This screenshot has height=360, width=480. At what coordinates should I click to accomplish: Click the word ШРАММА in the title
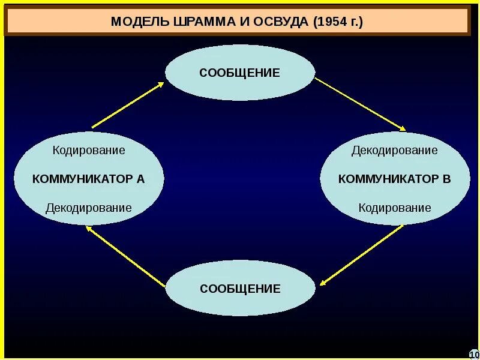198,22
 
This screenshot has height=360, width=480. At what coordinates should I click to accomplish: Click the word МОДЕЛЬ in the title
140,22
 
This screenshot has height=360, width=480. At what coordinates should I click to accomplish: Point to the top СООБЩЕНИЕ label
240,73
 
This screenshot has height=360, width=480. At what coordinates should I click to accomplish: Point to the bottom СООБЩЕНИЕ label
240,289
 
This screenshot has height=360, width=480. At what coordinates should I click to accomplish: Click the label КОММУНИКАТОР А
88,179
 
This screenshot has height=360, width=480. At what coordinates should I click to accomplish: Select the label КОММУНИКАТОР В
394,179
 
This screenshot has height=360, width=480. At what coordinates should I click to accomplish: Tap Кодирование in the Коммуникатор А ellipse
88,150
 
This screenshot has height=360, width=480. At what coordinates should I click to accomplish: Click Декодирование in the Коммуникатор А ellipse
88,208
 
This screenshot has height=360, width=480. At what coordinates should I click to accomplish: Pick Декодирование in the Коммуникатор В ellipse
394,150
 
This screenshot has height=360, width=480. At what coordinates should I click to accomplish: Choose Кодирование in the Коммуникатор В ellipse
394,208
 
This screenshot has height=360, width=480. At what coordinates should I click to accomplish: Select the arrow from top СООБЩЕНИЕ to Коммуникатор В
360,104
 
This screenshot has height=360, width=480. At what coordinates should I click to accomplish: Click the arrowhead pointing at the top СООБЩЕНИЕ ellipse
160,85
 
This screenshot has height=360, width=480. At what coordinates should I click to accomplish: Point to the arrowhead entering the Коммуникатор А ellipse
89,229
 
